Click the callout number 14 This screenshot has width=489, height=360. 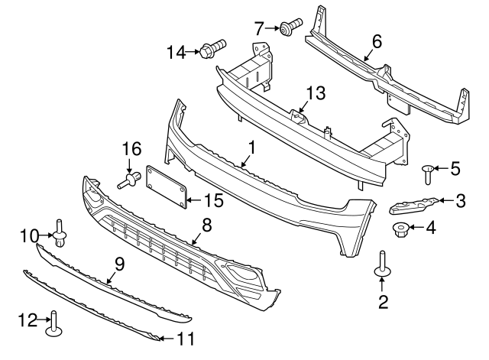pyautogui.click(x=176, y=52)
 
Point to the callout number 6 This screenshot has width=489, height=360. pyautogui.click(x=376, y=41)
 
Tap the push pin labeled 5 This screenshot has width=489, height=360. pyautogui.click(x=429, y=173)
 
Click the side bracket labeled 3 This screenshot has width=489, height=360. pyautogui.click(x=413, y=204)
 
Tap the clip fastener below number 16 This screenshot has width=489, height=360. pyautogui.click(x=128, y=181)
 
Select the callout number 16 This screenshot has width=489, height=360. pyautogui.click(x=132, y=148)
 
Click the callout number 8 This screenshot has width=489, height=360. pyautogui.click(x=206, y=225)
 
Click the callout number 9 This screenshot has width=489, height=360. pyautogui.click(x=119, y=264)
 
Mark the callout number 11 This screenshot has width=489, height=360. pyautogui.click(x=186, y=337)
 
